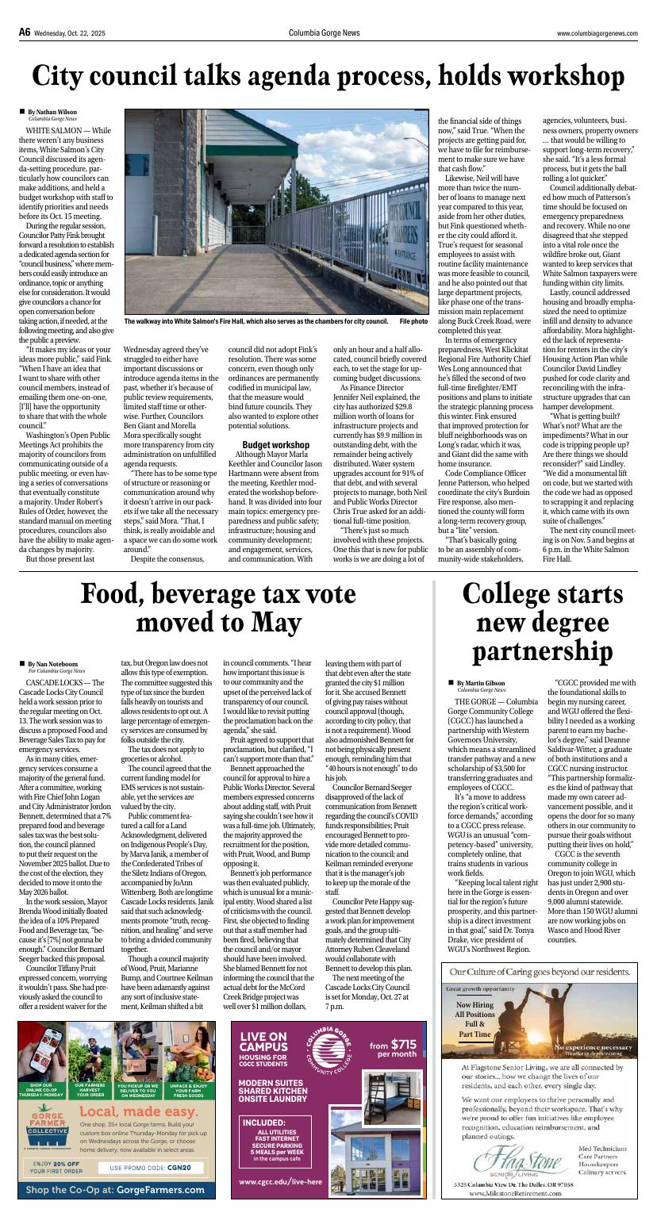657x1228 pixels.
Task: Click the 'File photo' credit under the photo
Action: pos(413,321)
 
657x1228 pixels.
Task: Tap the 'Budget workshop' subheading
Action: pos(275,445)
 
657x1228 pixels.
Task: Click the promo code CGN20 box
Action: pos(156,1168)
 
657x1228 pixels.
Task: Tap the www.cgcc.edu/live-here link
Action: pos(280,1181)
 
